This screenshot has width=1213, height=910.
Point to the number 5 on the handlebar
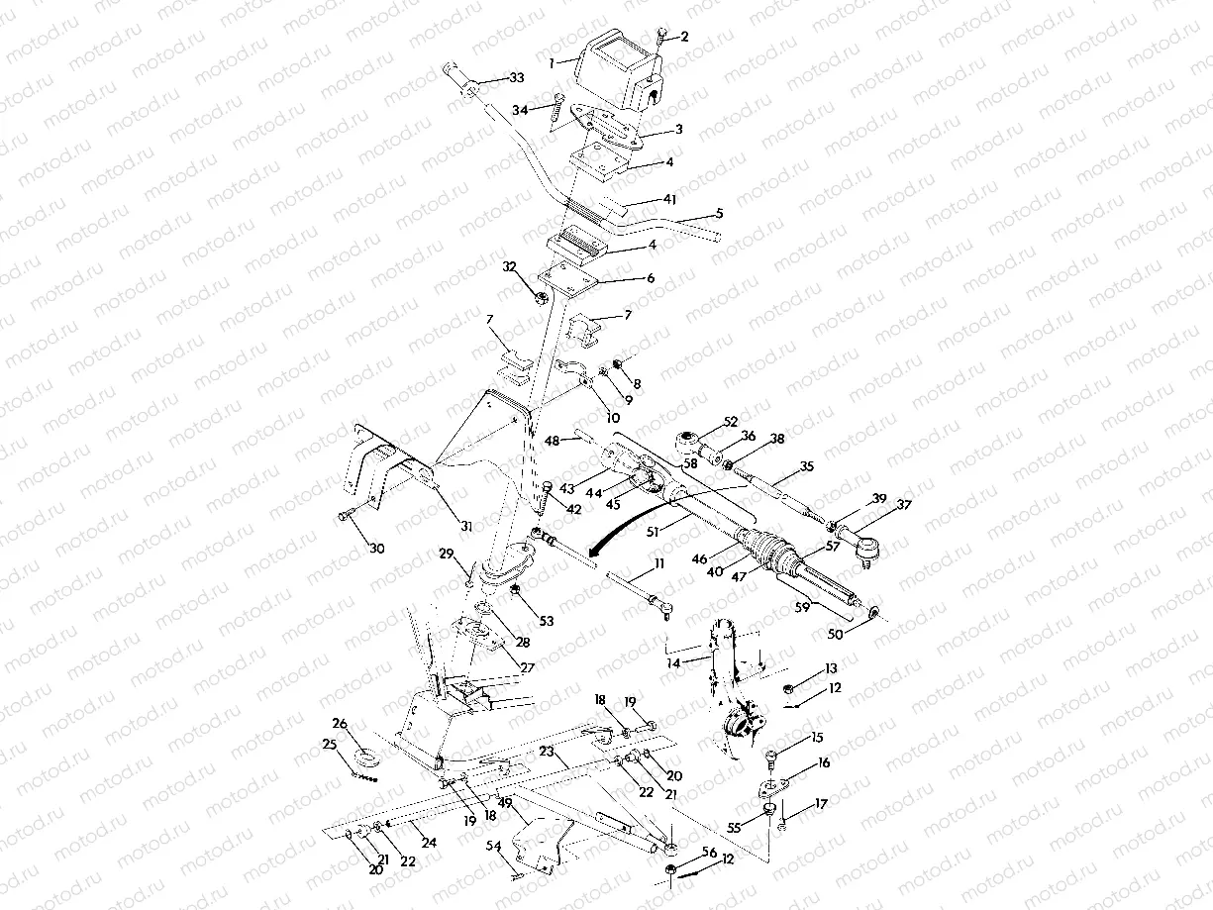click(719, 212)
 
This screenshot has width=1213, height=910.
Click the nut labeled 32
click(542, 297)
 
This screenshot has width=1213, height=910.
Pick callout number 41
click(670, 199)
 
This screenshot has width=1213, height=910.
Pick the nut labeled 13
click(788, 686)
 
